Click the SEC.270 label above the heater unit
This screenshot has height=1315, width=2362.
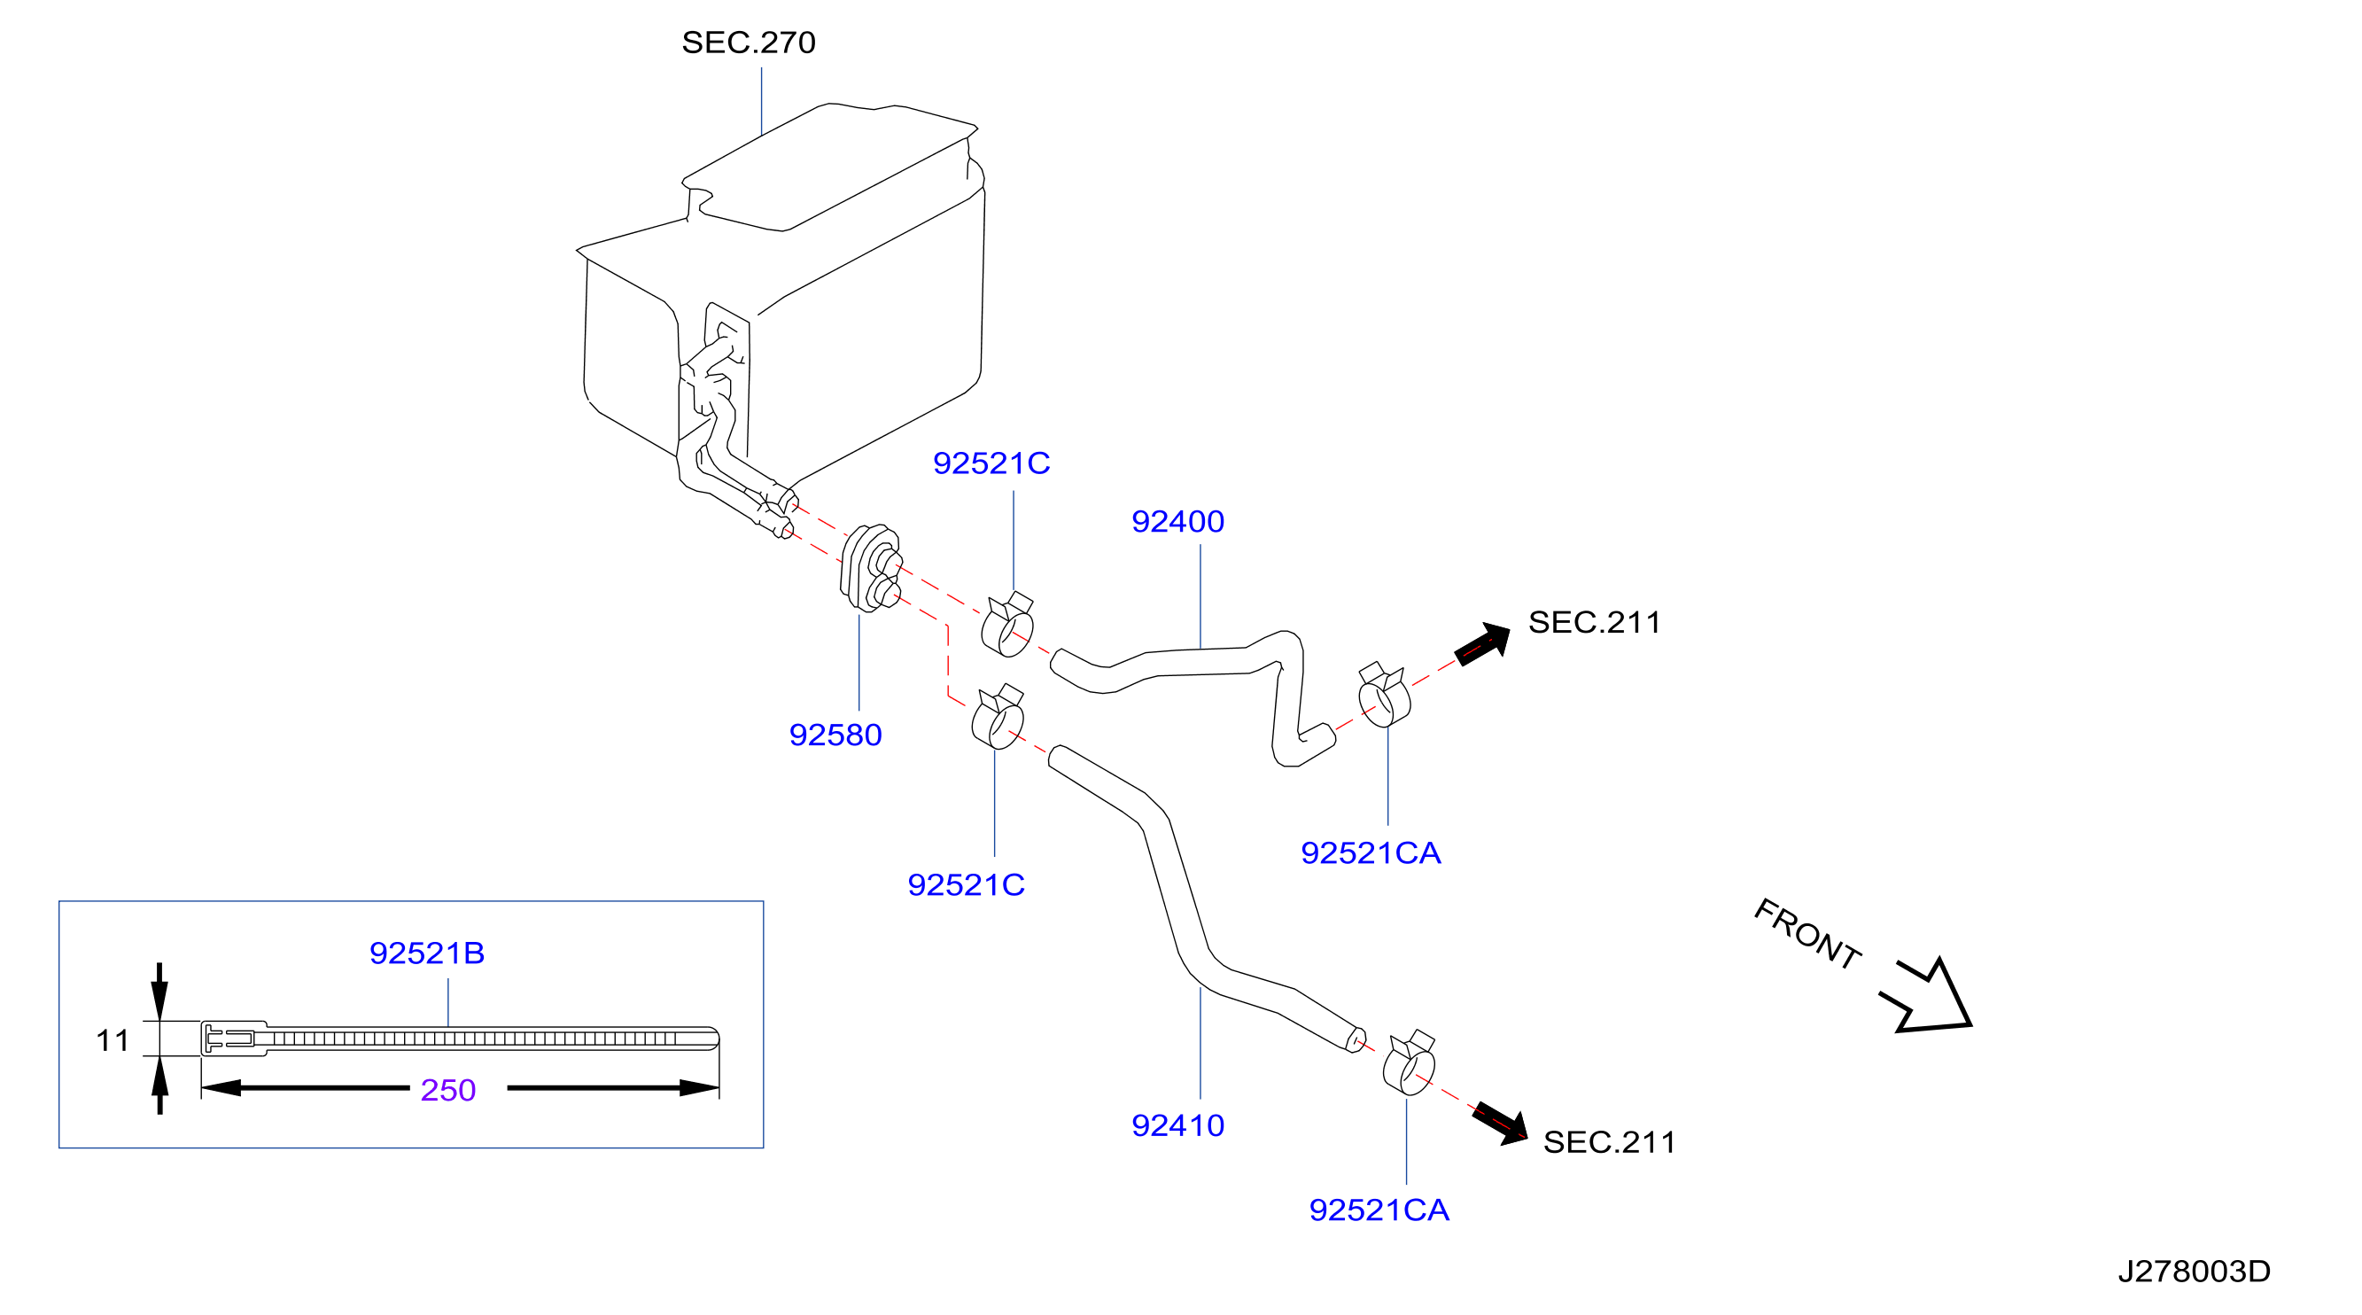(749, 43)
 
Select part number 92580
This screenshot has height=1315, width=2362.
(835, 735)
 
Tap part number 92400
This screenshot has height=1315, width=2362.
(1177, 521)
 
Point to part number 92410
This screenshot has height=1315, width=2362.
(1177, 1125)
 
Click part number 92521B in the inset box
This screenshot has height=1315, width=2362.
(426, 953)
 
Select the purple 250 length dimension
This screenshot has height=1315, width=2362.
(447, 1089)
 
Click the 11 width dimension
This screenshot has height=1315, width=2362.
(112, 1040)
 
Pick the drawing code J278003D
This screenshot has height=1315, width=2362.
(2194, 1271)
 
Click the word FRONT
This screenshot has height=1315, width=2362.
(1806, 933)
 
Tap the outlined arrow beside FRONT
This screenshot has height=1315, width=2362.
(1931, 1000)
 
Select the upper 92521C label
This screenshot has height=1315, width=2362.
(991, 463)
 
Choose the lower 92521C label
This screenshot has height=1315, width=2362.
(966, 885)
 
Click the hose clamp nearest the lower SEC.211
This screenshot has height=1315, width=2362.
(1410, 1063)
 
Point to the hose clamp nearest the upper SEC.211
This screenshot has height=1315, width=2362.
(1384, 695)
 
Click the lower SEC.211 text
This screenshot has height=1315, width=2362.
(1609, 1141)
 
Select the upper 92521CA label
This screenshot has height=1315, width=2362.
(1371, 853)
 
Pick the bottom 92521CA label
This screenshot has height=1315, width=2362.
(1379, 1210)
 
